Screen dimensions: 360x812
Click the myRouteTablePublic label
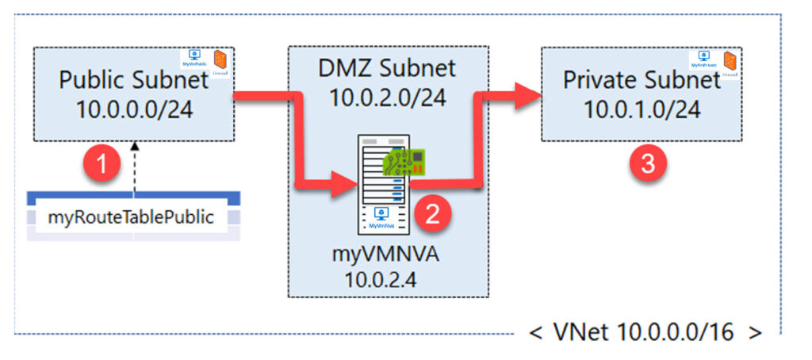(x=132, y=217)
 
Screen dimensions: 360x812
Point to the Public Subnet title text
(x=134, y=81)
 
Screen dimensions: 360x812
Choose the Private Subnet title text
(x=642, y=80)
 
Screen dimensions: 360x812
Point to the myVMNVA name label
(x=385, y=259)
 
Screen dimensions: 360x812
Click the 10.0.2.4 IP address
(x=385, y=280)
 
